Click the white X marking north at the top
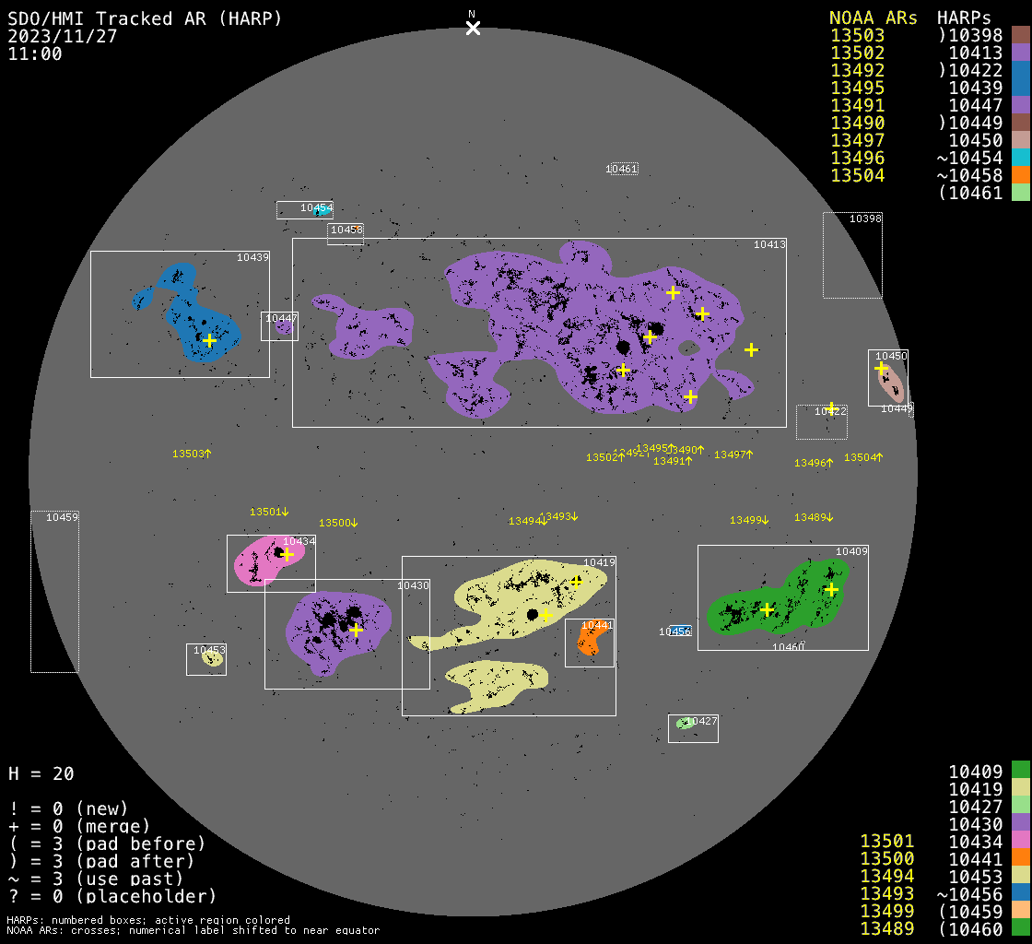[473, 28]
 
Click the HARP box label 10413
[769, 244]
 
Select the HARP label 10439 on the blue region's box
[252, 257]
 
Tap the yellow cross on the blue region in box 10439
[209, 340]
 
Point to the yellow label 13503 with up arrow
[192, 454]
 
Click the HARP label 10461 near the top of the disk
[622, 169]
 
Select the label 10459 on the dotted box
[62, 517]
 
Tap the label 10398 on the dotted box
[865, 218]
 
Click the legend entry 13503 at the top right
[857, 35]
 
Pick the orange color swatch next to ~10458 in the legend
[1020, 175]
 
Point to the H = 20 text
[41, 773]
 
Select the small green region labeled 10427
[684, 724]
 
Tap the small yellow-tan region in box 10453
[211, 658]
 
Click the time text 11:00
[35, 53]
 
